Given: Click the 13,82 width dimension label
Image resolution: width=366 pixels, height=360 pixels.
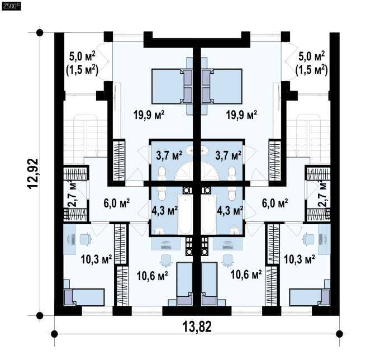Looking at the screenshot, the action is [x=197, y=326].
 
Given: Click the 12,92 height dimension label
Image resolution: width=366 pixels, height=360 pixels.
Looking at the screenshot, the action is [x=33, y=173].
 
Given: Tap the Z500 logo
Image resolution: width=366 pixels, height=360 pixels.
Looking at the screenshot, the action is [x=11, y=6].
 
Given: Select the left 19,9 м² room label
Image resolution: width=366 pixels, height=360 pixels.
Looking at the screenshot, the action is [x=149, y=115].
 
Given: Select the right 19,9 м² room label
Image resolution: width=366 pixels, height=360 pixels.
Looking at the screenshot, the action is [x=241, y=115].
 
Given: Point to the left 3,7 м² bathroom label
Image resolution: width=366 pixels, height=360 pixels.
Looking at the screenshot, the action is [x=169, y=155].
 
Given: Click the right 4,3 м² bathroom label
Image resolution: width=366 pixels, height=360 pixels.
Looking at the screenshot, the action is [x=230, y=210].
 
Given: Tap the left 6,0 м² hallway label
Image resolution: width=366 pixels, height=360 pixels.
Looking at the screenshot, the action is [x=116, y=203].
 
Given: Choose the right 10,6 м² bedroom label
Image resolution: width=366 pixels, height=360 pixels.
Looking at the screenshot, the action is [x=246, y=274].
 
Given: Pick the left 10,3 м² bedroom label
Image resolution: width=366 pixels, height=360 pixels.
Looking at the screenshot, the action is [x=96, y=259].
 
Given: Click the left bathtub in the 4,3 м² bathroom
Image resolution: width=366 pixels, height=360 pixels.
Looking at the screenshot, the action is [x=185, y=214].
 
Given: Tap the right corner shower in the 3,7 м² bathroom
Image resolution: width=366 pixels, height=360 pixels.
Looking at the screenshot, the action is [x=210, y=171].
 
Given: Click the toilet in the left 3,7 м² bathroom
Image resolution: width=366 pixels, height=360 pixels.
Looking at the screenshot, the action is [x=162, y=174].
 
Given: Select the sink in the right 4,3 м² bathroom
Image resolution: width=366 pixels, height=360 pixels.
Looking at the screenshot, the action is [x=234, y=230].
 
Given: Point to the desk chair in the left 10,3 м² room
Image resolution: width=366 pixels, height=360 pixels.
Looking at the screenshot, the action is [x=85, y=239].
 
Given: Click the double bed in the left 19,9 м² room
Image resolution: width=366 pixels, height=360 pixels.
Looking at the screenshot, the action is [x=172, y=87].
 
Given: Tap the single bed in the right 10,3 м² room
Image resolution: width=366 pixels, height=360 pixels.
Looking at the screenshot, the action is [x=310, y=297].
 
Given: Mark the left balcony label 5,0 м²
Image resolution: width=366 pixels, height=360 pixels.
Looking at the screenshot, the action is [x=82, y=56].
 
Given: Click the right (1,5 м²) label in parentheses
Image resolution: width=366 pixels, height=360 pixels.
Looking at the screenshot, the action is [x=311, y=69].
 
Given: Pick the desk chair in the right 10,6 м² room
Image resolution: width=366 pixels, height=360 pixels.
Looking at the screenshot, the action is [x=228, y=260].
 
